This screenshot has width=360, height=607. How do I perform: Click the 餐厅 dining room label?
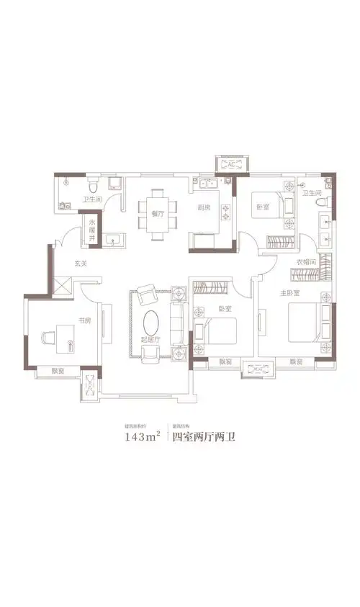point(158,213)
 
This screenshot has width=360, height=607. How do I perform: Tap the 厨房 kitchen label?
point(203,208)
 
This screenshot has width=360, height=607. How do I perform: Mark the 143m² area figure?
point(142,435)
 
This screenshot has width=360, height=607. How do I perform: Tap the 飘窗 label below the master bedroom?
point(295,362)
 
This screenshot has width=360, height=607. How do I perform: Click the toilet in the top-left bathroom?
point(91,184)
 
